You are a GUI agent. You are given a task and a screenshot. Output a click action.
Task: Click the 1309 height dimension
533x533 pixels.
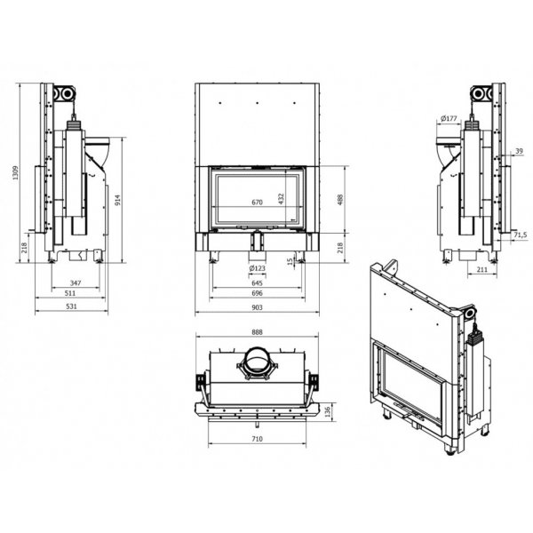coord(16,172)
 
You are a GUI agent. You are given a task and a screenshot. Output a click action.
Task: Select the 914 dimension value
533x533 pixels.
coord(117,200)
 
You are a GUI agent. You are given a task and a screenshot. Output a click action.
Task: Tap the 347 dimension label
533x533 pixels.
coord(76,282)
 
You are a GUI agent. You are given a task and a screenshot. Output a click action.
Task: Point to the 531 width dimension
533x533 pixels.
coord(71,306)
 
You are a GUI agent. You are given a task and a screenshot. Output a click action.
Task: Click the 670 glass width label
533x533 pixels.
coord(258,203)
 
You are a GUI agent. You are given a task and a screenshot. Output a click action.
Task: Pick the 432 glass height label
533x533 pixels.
coord(281,199)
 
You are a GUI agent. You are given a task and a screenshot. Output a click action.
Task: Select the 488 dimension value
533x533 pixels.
coord(340,200)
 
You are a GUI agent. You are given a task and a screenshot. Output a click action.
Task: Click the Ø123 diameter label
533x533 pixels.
coord(257,268)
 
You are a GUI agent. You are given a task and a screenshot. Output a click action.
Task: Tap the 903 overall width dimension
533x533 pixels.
coord(258,307)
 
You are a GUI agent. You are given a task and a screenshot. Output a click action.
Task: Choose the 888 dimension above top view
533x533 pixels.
coord(258,332)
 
